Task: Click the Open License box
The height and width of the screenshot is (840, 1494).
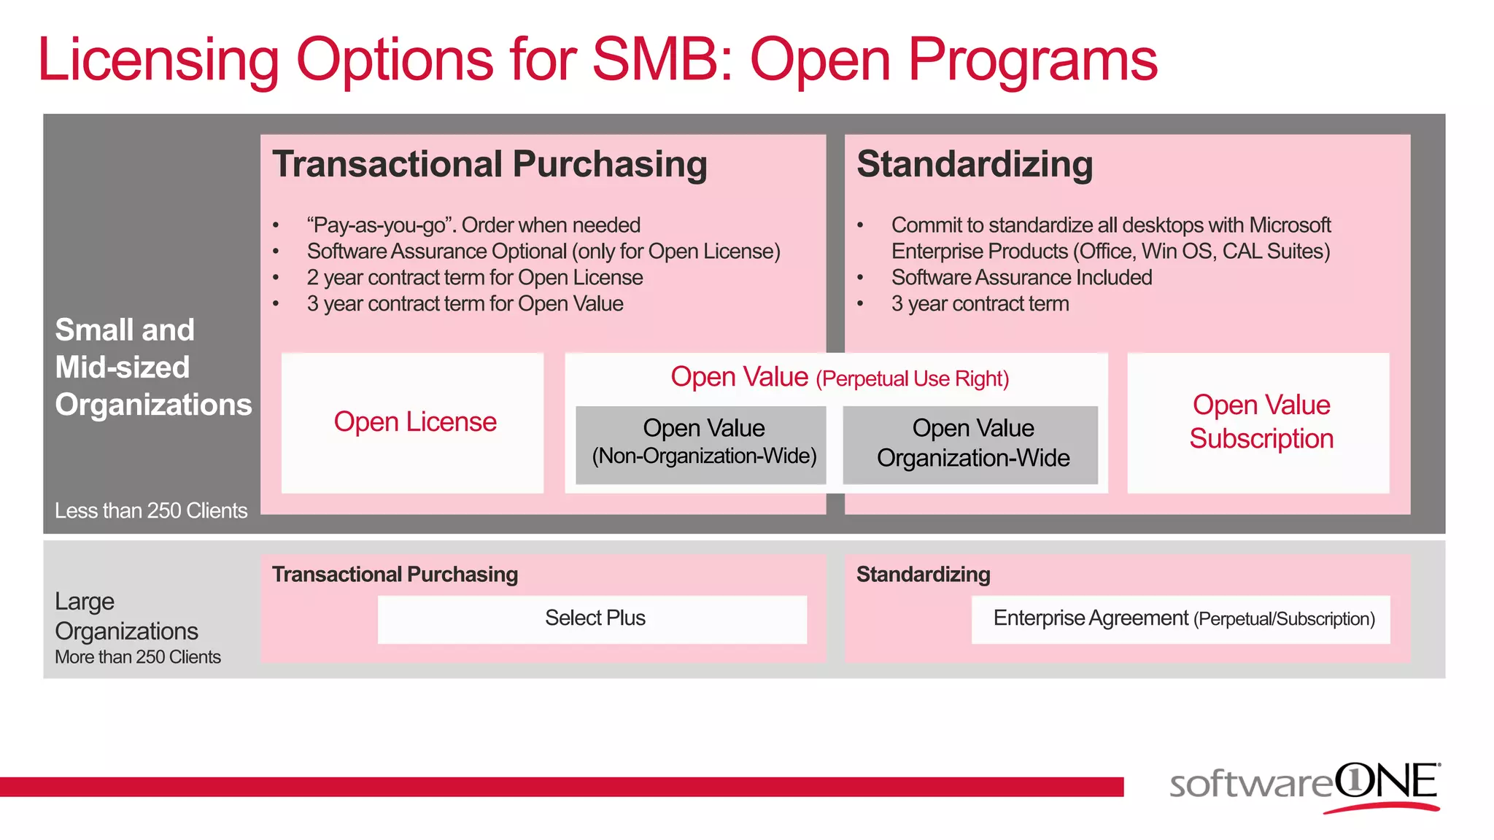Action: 413,423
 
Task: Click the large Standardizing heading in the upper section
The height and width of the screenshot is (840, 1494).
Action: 974,164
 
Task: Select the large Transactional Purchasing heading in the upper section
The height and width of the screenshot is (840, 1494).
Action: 489,164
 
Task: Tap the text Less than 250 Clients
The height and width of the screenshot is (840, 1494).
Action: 151,510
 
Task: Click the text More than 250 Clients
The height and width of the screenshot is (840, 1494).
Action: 138,657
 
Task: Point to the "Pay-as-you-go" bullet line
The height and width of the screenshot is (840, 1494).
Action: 473,225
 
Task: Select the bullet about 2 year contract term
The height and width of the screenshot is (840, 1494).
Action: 475,278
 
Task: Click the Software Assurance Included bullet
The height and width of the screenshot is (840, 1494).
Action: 1021,278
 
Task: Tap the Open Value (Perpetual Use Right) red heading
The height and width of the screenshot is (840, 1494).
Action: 839,378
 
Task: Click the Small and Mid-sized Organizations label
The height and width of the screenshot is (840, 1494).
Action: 152,367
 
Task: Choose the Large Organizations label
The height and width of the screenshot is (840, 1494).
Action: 126,616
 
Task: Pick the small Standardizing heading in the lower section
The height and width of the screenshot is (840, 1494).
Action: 923,575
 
